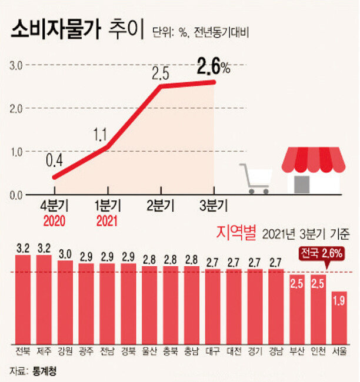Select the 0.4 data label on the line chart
[x=55, y=160]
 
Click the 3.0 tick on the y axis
[x=16, y=65]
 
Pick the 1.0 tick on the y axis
[x=16, y=151]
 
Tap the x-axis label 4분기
[x=55, y=206]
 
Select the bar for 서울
[x=339, y=317]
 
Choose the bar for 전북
[x=24, y=300]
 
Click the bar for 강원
[x=65, y=303]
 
